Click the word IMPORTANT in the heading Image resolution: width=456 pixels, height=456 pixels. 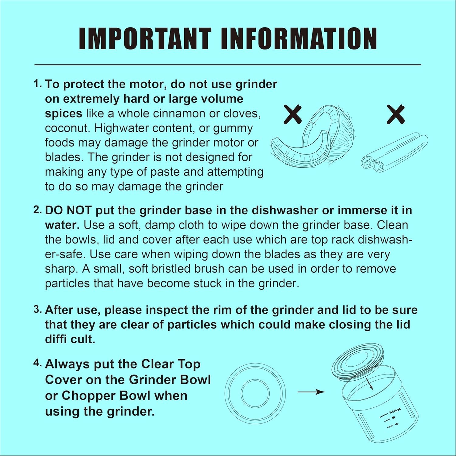click(x=145, y=39)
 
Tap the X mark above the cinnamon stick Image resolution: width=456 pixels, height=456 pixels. click(x=396, y=114)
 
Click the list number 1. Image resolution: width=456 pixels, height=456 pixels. click(x=38, y=84)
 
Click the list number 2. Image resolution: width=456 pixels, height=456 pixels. click(x=38, y=210)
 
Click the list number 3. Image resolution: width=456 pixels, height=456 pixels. click(x=38, y=310)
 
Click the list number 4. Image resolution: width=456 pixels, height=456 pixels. click(x=38, y=364)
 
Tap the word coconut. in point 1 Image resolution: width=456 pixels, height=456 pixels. click(x=67, y=128)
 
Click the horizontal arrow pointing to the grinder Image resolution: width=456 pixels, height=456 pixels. click(x=311, y=392)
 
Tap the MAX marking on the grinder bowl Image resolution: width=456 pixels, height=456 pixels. click(x=395, y=411)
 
